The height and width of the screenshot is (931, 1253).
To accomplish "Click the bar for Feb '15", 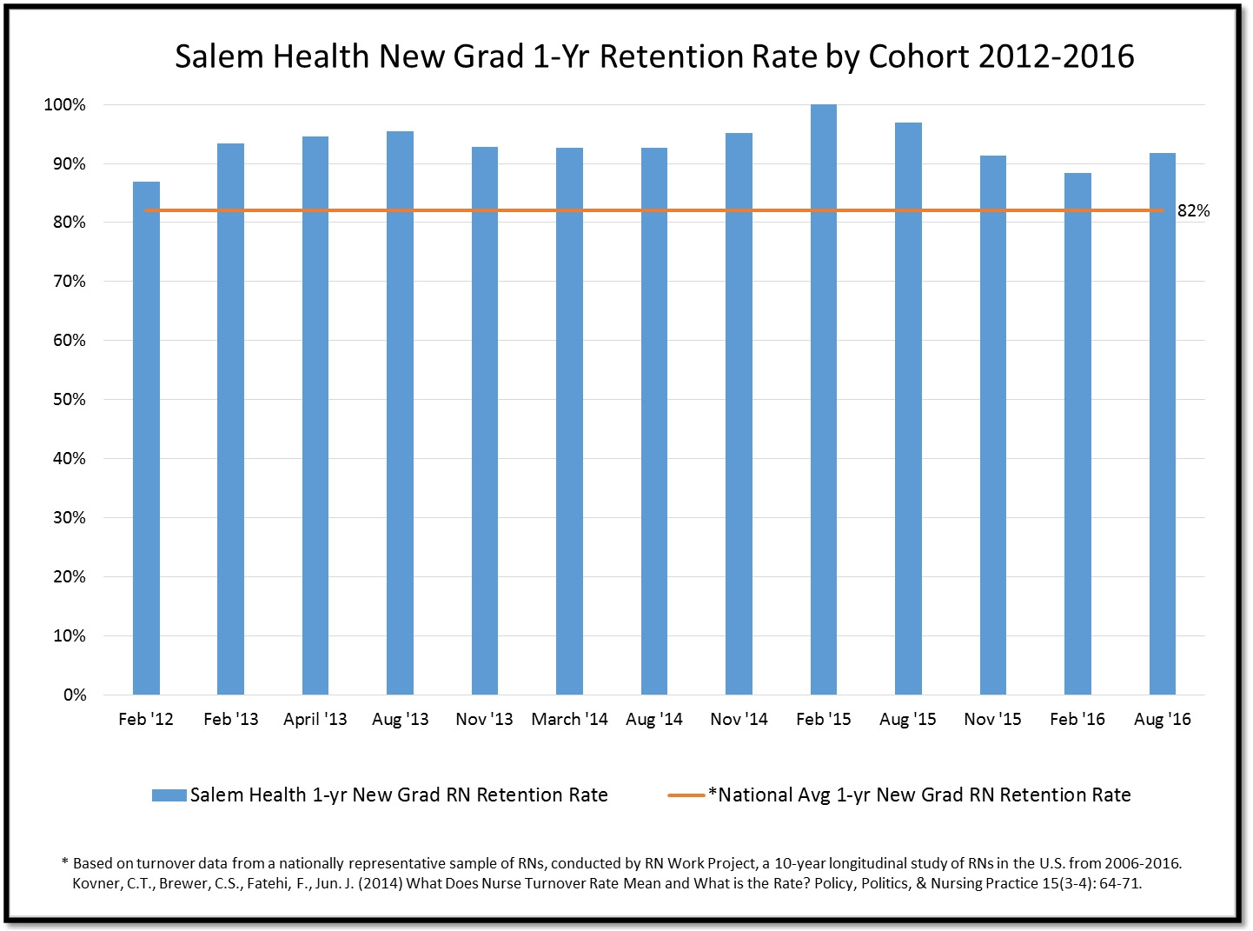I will pos(823,400).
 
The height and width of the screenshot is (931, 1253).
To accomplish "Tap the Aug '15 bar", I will pos(908,409).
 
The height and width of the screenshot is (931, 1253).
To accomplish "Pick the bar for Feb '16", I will pos(1077,434).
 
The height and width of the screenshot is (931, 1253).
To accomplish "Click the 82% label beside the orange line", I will pos(1193,211).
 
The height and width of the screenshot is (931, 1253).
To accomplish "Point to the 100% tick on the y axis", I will pos(65,105).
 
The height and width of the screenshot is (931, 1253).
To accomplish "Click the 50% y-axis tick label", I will pos(70,400).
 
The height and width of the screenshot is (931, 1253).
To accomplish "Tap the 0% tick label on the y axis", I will pos(75,695).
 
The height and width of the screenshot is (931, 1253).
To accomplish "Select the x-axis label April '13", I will pos(315,720).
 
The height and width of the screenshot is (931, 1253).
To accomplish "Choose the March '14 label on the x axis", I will pos(569,720).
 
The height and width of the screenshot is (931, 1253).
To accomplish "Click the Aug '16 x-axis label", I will pos(1162,720).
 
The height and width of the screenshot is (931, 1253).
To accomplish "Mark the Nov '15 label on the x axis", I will pos(992,720).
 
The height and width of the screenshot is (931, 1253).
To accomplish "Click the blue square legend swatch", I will pos(169,795).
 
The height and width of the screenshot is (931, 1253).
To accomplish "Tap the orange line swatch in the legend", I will pos(686,795).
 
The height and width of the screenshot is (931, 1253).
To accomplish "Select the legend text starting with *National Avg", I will pos(919,795).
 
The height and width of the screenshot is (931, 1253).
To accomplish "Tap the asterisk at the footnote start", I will pos(64,862).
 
